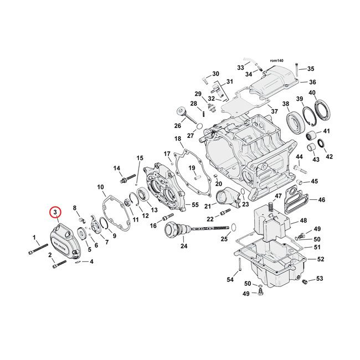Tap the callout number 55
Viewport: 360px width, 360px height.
(194, 205)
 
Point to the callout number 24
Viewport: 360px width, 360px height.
(184, 246)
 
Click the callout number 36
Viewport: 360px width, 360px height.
(312, 82)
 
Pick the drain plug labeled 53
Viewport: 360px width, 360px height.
(304, 283)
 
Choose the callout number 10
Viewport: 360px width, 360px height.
(100, 187)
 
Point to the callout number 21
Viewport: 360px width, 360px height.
(207, 207)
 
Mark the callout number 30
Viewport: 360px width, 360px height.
(215, 74)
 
